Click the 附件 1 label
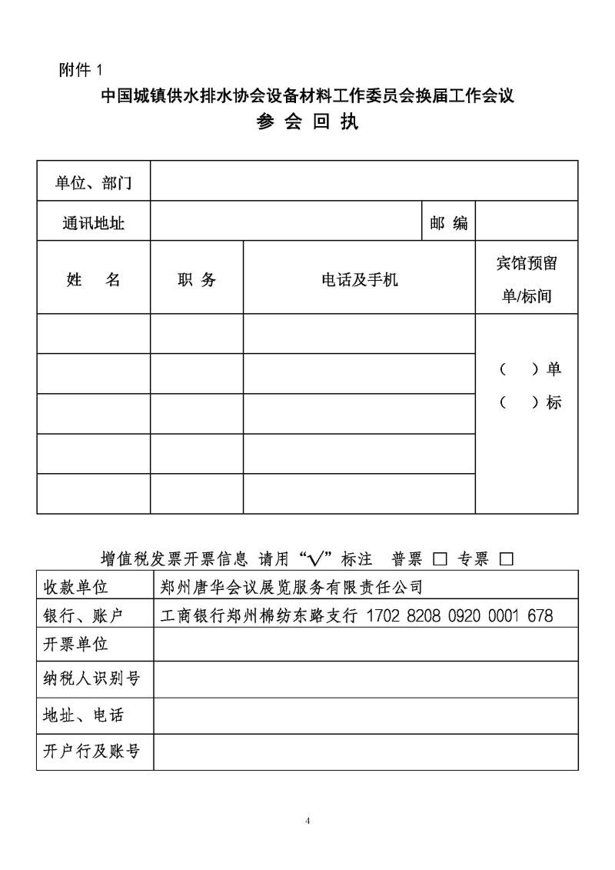click(80, 70)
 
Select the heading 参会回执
click(307, 123)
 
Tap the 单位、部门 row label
click(93, 182)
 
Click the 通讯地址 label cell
click(93, 223)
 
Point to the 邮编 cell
click(449, 223)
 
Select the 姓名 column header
click(93, 279)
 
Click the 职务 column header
click(197, 279)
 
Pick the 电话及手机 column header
click(359, 279)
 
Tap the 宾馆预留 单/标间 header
click(527, 279)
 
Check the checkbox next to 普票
click(440, 559)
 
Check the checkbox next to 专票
click(506, 559)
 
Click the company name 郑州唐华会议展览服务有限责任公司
click(292, 588)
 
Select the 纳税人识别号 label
click(91, 678)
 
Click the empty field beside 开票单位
click(365, 644)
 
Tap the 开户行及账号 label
click(91, 751)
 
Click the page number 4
click(307, 820)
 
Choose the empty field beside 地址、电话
click(365, 715)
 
